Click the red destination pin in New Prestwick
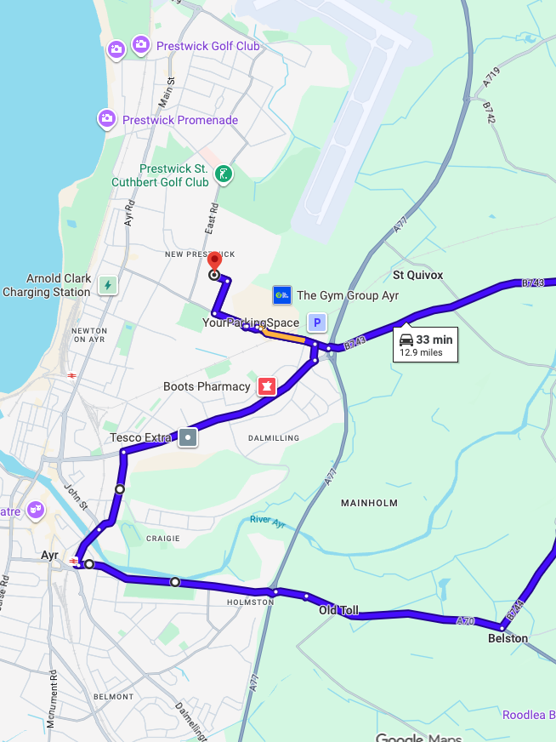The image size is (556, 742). (214, 261)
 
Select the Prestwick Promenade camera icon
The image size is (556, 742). (107, 118)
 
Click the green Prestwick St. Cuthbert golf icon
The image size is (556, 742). (223, 175)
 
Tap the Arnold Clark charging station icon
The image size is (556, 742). (107, 285)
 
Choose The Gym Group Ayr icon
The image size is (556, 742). (282, 295)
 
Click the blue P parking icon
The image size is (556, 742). (317, 322)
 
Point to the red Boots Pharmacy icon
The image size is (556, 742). (267, 387)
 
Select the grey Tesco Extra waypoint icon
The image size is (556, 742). (188, 438)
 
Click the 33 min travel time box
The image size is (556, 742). (425, 345)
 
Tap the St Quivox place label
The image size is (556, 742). (417, 275)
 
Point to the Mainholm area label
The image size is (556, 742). (370, 503)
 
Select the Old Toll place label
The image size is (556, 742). (338, 610)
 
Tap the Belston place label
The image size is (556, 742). (508, 638)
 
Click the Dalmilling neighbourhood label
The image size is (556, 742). (274, 437)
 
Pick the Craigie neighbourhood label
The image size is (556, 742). (162, 538)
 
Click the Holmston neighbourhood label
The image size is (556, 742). (250, 602)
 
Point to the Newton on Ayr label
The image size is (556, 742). (89, 334)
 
